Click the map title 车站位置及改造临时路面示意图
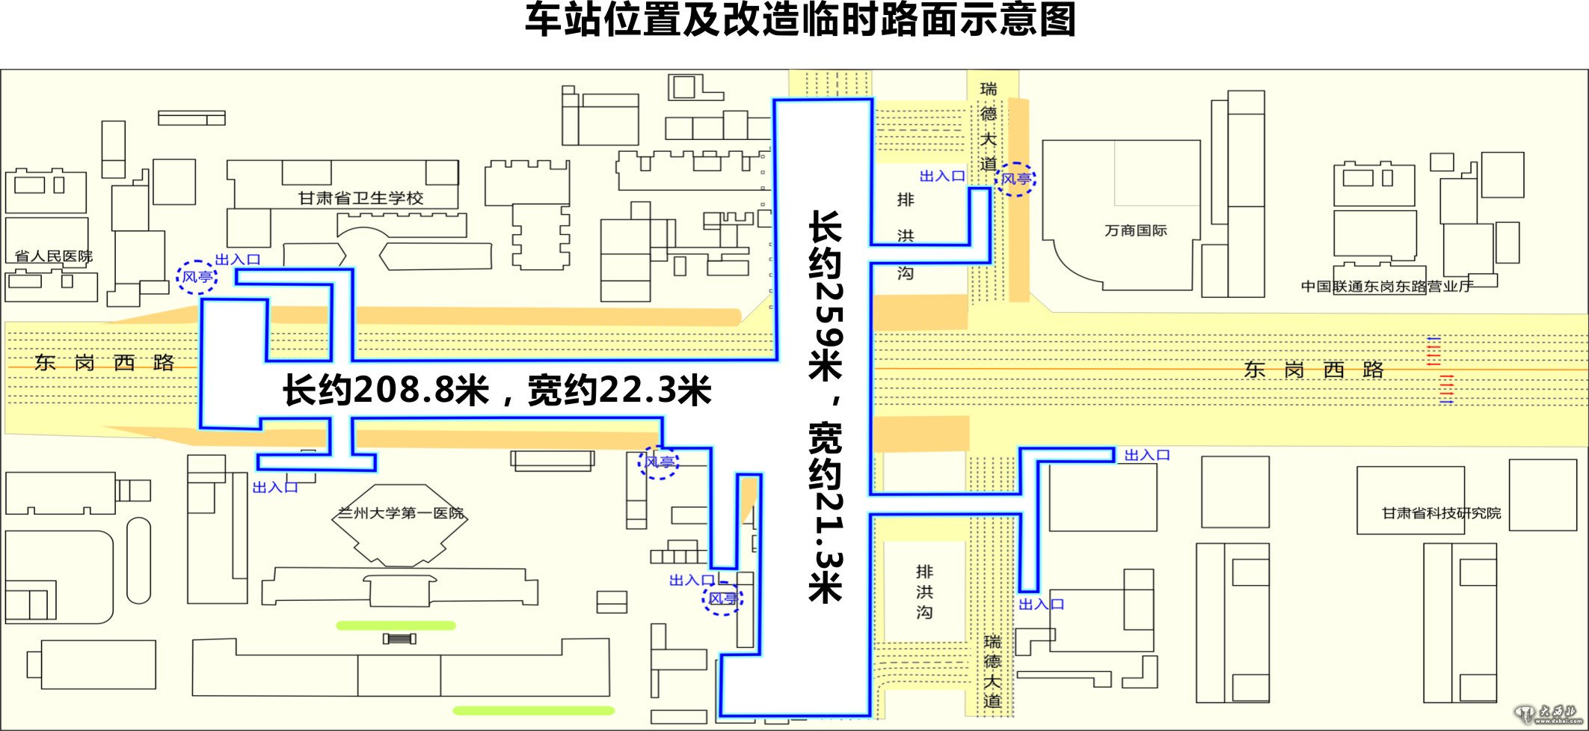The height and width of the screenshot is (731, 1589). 800,20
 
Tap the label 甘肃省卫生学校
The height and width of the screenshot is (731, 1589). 360,198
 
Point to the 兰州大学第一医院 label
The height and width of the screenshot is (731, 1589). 400,513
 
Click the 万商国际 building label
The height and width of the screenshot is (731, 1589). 1135,230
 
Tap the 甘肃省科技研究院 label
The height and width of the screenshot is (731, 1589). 1441,513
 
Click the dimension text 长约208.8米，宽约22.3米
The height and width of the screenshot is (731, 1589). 497,391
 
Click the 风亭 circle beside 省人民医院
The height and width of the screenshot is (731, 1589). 197,277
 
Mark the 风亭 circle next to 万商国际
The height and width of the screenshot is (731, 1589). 1016,179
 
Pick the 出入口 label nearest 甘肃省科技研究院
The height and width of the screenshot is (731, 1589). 1147,455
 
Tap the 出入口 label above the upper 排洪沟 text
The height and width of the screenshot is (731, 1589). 941,176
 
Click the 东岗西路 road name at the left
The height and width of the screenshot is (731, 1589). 104,363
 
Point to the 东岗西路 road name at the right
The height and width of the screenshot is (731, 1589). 1314,369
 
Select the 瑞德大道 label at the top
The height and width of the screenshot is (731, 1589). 989,126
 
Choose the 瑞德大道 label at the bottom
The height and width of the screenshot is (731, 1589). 992,671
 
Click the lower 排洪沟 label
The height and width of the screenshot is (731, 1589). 924,592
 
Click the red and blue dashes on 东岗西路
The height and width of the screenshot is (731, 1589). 1440,371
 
